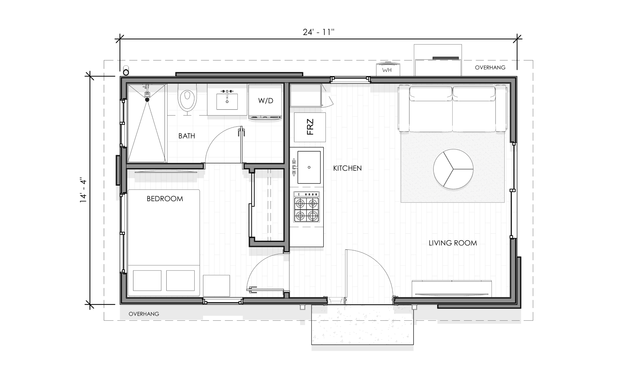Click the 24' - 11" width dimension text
319,32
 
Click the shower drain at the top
147,99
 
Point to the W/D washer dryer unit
266,101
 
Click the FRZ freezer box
310,127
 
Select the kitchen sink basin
309,167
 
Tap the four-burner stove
306,207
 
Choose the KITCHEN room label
347,168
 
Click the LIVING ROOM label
453,243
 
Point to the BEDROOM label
165,199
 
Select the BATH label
187,136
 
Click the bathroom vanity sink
227,101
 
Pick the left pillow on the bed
147,280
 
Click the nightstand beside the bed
216,285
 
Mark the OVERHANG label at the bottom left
144,314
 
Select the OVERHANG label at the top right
490,67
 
